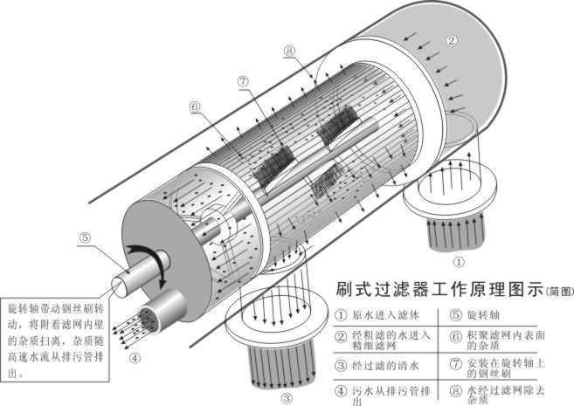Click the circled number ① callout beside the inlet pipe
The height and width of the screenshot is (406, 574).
tap(460, 259)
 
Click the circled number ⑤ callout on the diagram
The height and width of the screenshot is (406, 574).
tap(84, 236)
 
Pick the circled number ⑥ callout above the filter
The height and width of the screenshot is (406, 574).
tap(195, 106)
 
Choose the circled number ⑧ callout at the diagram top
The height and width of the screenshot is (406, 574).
tap(291, 52)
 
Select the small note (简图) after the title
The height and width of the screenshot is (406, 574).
tap(560, 291)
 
